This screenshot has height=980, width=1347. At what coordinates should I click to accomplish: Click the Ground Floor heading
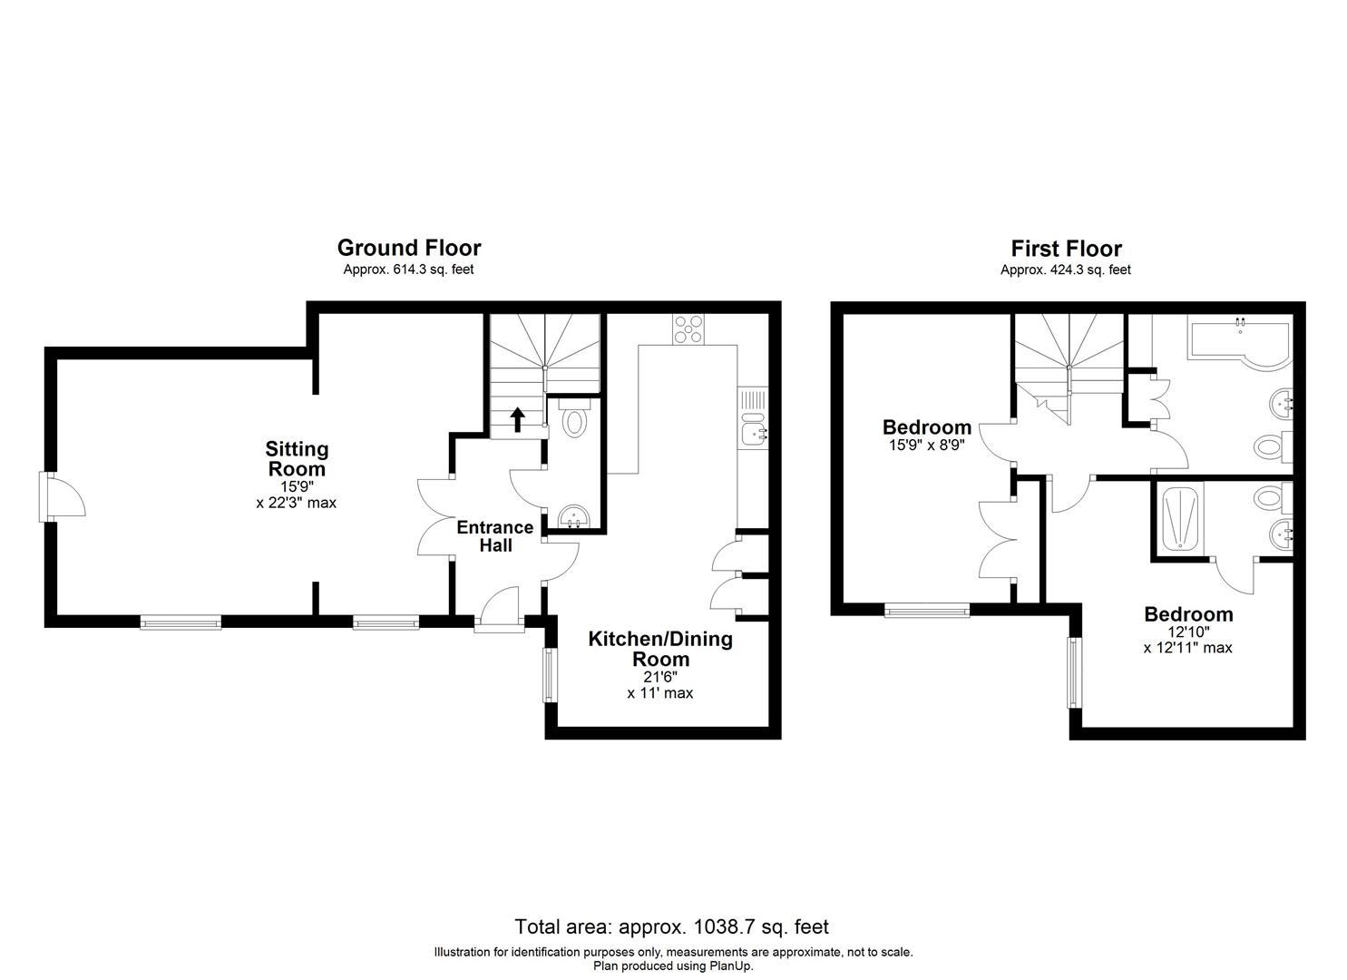(408, 248)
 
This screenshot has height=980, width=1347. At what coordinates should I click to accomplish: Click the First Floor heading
(1066, 249)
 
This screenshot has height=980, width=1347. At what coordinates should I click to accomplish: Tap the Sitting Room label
(297, 458)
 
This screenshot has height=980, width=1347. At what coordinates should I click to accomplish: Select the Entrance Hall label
(495, 535)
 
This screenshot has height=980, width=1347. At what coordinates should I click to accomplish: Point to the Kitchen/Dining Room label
(660, 648)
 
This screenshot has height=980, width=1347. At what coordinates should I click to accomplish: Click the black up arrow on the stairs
(518, 418)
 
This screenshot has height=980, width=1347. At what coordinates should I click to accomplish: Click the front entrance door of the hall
(499, 610)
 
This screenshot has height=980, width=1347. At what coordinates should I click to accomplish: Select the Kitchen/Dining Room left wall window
(550, 674)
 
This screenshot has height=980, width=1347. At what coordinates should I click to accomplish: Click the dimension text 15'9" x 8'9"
(926, 446)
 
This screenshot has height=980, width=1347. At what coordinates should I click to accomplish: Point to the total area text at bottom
(671, 926)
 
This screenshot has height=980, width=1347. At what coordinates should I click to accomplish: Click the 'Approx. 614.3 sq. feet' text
(408, 269)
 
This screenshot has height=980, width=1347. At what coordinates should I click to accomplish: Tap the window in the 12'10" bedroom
(1075, 672)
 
